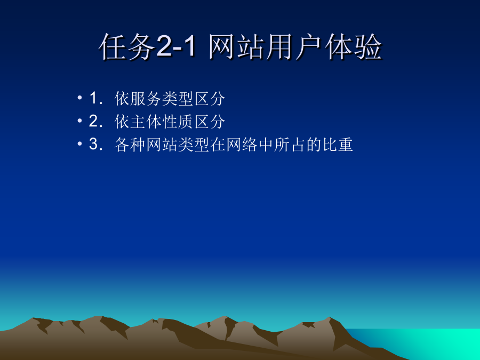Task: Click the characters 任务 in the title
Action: click(x=127, y=46)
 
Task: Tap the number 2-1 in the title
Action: click(x=175, y=46)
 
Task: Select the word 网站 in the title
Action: click(x=237, y=46)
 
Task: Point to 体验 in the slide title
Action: click(x=353, y=46)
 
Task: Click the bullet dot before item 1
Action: click(x=80, y=98)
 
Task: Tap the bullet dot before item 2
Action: click(x=80, y=121)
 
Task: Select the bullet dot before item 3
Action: click(x=80, y=143)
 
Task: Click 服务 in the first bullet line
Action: click(x=146, y=99)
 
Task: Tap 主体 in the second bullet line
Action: click(x=146, y=122)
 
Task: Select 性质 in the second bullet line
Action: click(x=178, y=122)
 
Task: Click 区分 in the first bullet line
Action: click(x=210, y=99)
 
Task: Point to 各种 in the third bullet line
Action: click(x=130, y=145)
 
